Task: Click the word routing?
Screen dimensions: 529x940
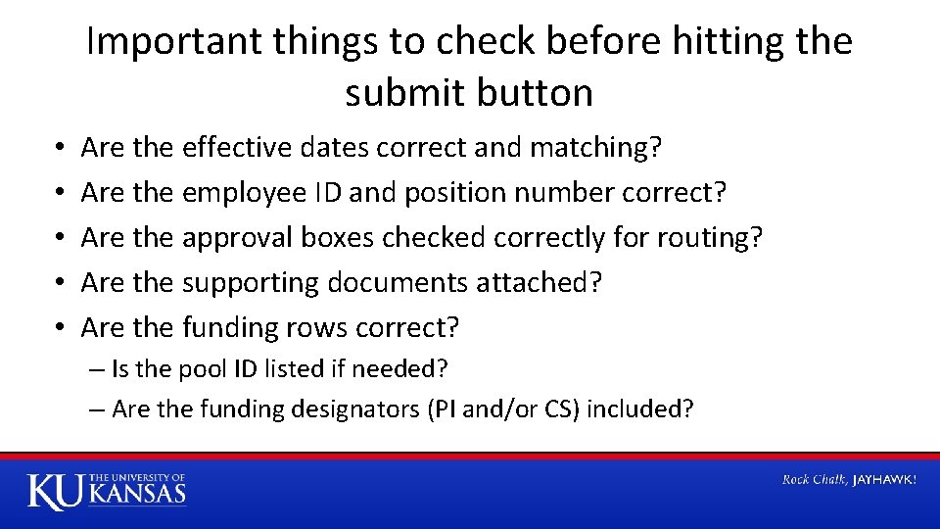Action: [704, 237]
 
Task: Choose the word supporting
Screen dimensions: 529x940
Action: [251, 282]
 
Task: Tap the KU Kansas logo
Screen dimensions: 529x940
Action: [106, 490]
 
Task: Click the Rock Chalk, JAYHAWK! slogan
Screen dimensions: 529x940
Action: [848, 479]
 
